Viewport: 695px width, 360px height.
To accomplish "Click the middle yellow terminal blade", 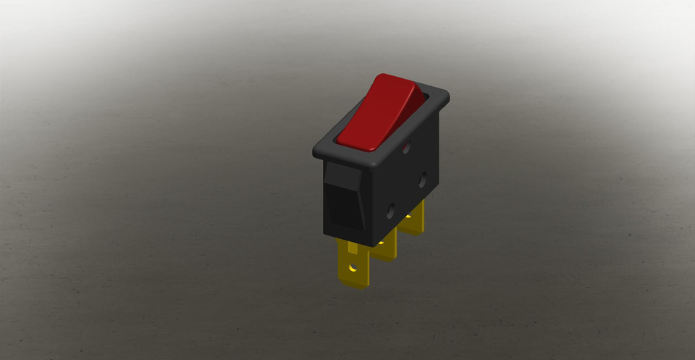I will tap(387, 243).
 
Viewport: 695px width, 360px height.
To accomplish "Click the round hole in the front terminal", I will tap(353, 267).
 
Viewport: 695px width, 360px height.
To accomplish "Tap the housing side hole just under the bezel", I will tap(407, 147).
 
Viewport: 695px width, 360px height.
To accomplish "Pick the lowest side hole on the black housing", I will tap(392, 212).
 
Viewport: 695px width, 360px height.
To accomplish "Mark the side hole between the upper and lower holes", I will tap(422, 180).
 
